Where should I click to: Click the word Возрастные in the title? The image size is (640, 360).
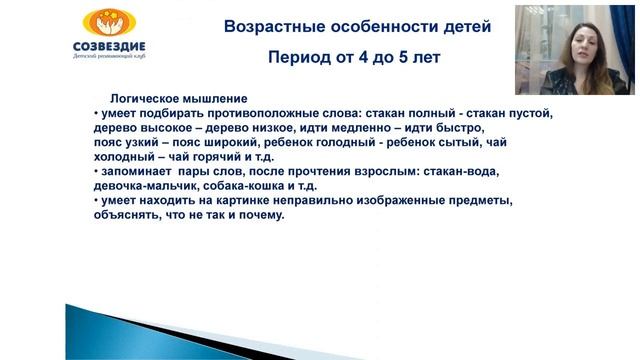[268, 27]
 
